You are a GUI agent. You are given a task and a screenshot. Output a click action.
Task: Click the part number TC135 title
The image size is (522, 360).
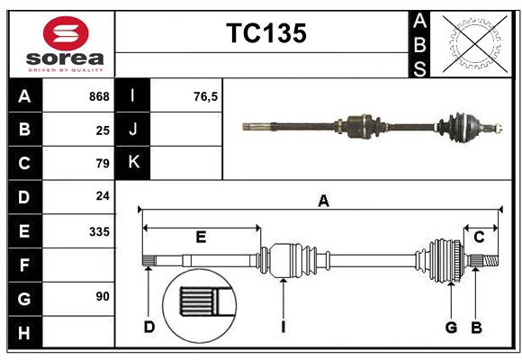click(x=266, y=33)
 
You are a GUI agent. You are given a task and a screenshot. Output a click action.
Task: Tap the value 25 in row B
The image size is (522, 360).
click(x=103, y=130)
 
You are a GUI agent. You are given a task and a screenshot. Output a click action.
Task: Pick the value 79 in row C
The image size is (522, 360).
click(x=103, y=164)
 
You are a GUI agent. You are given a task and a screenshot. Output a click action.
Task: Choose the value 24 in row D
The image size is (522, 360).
click(x=103, y=196)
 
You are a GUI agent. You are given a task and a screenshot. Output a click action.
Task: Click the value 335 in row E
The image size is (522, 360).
click(x=99, y=231)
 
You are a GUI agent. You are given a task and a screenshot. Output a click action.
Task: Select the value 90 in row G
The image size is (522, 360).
click(x=103, y=296)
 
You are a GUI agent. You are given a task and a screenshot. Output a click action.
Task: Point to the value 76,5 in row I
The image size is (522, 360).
click(x=205, y=96)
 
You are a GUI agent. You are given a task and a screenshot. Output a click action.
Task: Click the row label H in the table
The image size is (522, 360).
click(x=24, y=333)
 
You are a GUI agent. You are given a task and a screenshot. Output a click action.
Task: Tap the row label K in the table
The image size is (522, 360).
click(x=133, y=163)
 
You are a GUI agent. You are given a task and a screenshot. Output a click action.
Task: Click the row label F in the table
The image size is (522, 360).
click(x=24, y=265)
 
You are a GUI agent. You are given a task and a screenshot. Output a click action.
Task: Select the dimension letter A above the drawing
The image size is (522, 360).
click(x=322, y=202)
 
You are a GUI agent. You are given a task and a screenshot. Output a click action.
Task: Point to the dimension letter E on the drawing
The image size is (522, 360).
click(x=201, y=237)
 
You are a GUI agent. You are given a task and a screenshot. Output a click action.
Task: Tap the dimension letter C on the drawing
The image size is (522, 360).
click(x=480, y=237)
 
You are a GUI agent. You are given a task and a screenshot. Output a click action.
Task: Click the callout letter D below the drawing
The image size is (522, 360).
click(x=148, y=327)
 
